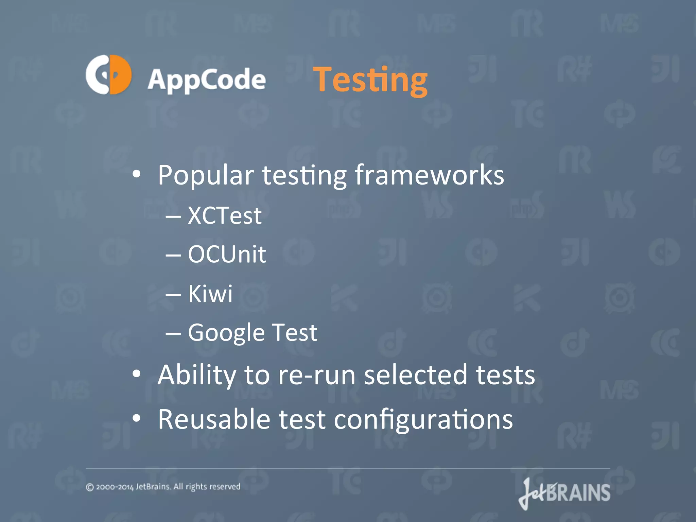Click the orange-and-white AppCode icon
tap(108, 74)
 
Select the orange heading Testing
tap(370, 80)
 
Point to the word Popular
tap(206, 175)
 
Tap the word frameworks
tap(429, 175)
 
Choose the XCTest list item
tap(225, 215)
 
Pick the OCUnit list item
tap(227, 254)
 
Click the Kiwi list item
tap(210, 293)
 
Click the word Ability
tap(197, 375)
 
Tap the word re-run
tap(317, 375)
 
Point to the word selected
tap(415, 375)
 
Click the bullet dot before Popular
tap(137, 174)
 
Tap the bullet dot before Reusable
tap(137, 418)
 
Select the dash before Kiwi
tap(173, 294)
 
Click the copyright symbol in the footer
tap(90, 487)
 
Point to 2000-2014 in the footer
tap(115, 487)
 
